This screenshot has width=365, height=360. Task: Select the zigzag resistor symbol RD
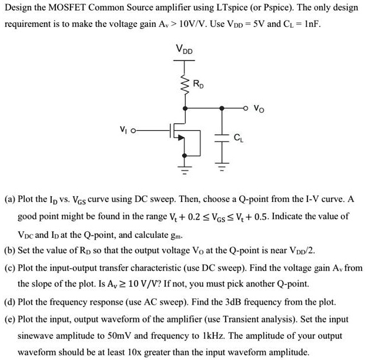pos(185,85)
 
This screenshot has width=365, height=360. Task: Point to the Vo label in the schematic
pos(260,109)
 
